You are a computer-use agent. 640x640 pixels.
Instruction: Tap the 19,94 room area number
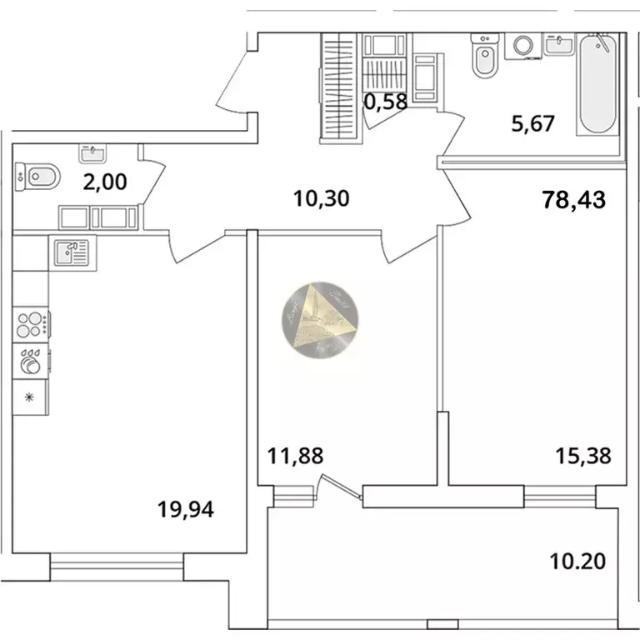tap(186, 507)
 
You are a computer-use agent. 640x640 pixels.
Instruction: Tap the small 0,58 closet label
tap(386, 103)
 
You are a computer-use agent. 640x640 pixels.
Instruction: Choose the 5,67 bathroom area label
tap(532, 123)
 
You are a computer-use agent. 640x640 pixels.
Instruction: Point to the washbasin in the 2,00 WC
tap(92, 153)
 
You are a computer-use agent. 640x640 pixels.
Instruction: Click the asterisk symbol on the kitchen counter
tap(31, 397)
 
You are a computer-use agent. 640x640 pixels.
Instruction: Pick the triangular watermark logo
tap(321, 320)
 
